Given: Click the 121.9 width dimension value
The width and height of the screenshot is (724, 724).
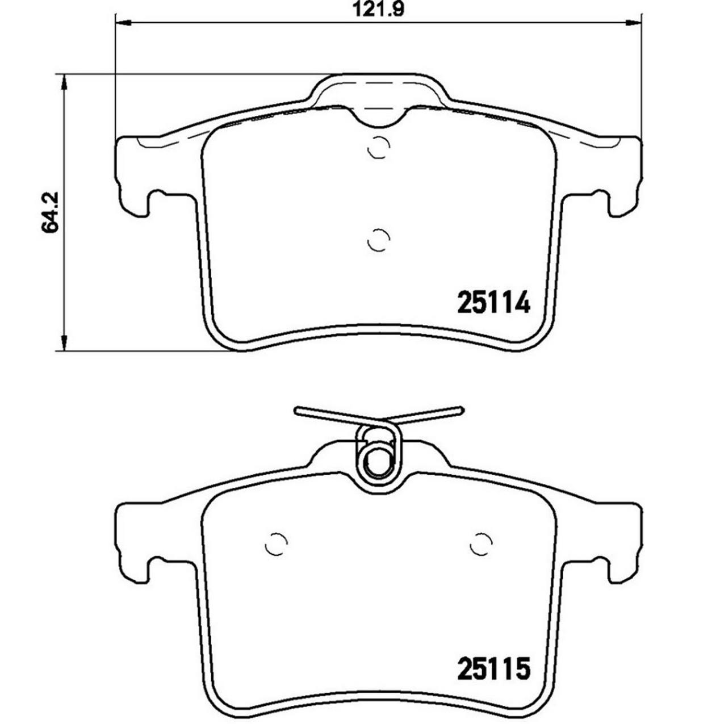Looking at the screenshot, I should coord(378,10).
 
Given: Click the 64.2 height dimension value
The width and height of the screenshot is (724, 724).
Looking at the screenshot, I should coord(50,211).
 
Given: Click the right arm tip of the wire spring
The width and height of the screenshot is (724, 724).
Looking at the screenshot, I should coord(461,409).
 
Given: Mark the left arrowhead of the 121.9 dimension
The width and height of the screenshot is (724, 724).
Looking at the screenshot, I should coord(123,23).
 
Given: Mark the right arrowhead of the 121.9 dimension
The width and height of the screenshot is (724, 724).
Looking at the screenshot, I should coord(634,23).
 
